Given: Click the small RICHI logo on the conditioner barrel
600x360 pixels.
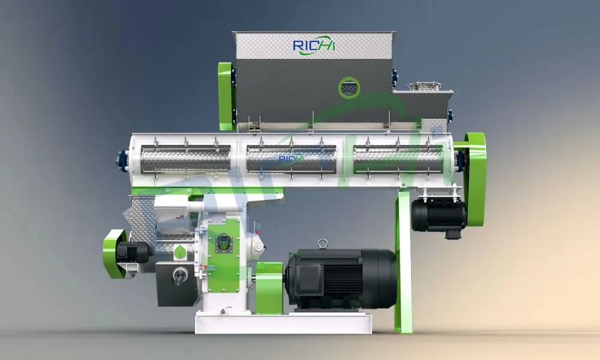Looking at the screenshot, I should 291,158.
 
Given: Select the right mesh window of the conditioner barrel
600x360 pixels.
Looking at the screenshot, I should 398,160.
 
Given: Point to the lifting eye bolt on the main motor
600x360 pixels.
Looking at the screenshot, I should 323,243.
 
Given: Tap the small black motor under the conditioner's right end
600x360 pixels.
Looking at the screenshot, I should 438,215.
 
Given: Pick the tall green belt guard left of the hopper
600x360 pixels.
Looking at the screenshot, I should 226,96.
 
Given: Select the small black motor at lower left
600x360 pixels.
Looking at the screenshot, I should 133,252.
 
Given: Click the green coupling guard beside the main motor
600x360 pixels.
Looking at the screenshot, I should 269,288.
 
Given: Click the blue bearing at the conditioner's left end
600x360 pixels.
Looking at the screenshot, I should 122,161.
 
